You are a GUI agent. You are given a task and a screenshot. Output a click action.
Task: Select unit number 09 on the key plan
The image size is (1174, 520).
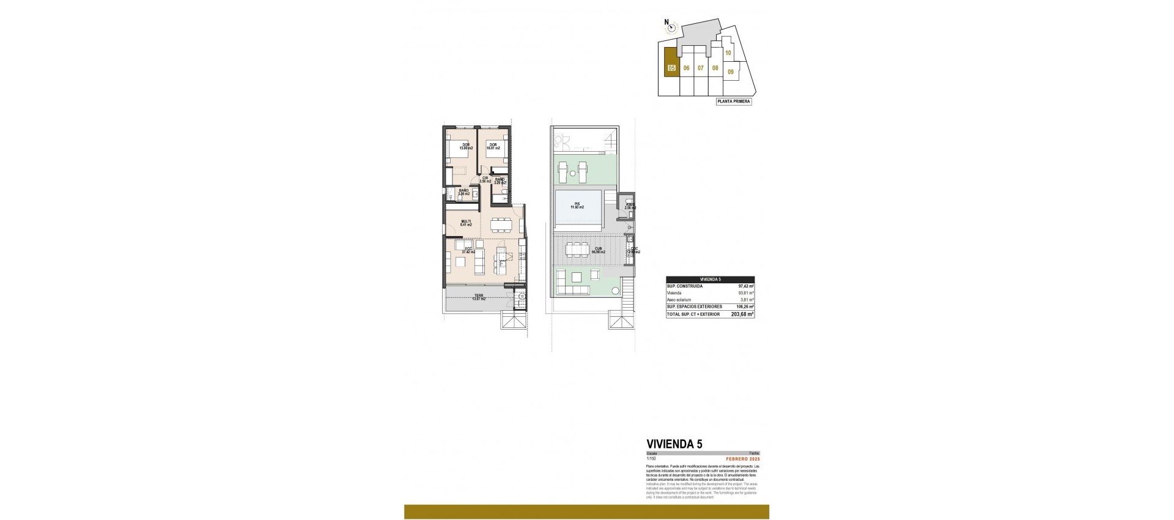[x=731, y=72]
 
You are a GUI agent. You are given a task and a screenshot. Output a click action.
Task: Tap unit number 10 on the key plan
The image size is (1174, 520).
[x=728, y=53]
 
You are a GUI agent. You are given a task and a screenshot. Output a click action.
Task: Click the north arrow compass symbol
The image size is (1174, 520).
[x=671, y=26]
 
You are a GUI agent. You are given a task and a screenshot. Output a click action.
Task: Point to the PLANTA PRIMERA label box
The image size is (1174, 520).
[x=733, y=102]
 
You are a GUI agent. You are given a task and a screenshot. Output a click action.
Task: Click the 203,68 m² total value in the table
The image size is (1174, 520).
[x=742, y=314]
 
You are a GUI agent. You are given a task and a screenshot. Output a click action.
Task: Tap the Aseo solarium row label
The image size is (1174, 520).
[x=679, y=300]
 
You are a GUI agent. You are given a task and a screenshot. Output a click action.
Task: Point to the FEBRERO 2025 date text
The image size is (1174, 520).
[x=742, y=459]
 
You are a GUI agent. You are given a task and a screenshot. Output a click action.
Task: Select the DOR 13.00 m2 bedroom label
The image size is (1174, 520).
[x=466, y=147]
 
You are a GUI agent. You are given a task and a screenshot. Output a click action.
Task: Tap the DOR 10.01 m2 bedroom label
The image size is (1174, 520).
[x=493, y=147]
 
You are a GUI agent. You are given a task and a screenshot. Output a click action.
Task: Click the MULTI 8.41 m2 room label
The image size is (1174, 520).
[x=466, y=223]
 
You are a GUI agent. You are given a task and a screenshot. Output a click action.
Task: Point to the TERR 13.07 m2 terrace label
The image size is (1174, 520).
[x=479, y=298]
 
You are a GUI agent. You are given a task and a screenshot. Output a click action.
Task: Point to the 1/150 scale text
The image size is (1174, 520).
[x=651, y=459]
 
